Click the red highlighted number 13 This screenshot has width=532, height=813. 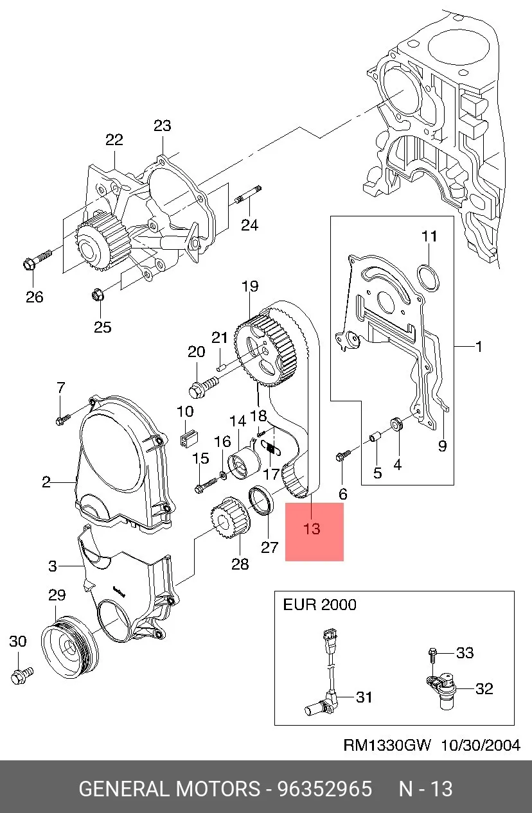[x=312, y=529]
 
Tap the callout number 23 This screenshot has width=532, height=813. [x=163, y=126]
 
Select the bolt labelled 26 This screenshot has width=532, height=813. [x=37, y=259]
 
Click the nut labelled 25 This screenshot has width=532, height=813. [x=98, y=294]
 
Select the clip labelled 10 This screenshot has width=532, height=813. [x=189, y=438]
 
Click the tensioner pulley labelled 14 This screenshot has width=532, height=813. [x=244, y=466]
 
